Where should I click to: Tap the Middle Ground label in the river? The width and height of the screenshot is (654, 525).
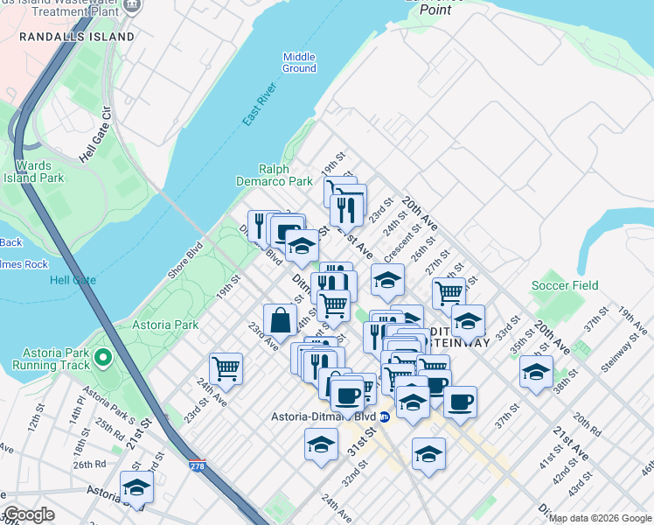click(299, 62)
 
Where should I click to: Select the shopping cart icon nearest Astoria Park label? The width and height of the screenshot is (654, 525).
click(226, 367)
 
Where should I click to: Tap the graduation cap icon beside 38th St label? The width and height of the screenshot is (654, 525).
click(536, 371)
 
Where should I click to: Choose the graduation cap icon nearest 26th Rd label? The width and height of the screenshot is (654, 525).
click(136, 486)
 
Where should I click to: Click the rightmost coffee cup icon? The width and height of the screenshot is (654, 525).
click(460, 402)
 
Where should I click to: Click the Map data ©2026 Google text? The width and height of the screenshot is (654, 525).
click(601, 518)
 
